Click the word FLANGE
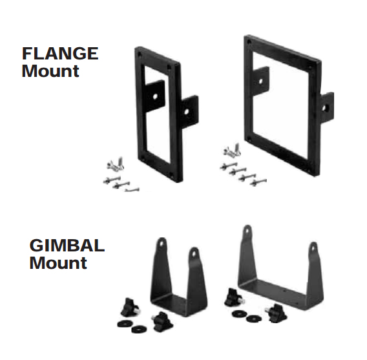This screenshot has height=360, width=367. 60,54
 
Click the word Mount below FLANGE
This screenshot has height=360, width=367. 50,71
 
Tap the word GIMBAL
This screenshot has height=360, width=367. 67,246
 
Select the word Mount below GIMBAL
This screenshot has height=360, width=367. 58,263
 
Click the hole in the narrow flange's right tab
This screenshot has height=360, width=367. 187,112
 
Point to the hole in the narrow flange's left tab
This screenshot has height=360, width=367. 155,96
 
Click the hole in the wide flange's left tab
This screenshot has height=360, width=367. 261,81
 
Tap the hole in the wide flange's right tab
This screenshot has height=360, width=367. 324,108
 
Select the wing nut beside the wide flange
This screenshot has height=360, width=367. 232,150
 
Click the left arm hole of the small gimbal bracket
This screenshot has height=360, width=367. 162,244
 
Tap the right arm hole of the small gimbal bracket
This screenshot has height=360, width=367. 194,253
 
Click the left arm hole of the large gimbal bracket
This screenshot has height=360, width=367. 247,231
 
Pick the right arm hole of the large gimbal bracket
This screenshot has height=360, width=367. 313,248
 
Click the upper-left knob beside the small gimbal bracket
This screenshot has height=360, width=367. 130,307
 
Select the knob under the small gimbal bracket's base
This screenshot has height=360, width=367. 162,321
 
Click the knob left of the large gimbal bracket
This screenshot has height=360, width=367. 234,297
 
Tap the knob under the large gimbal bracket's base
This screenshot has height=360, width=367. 277,313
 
